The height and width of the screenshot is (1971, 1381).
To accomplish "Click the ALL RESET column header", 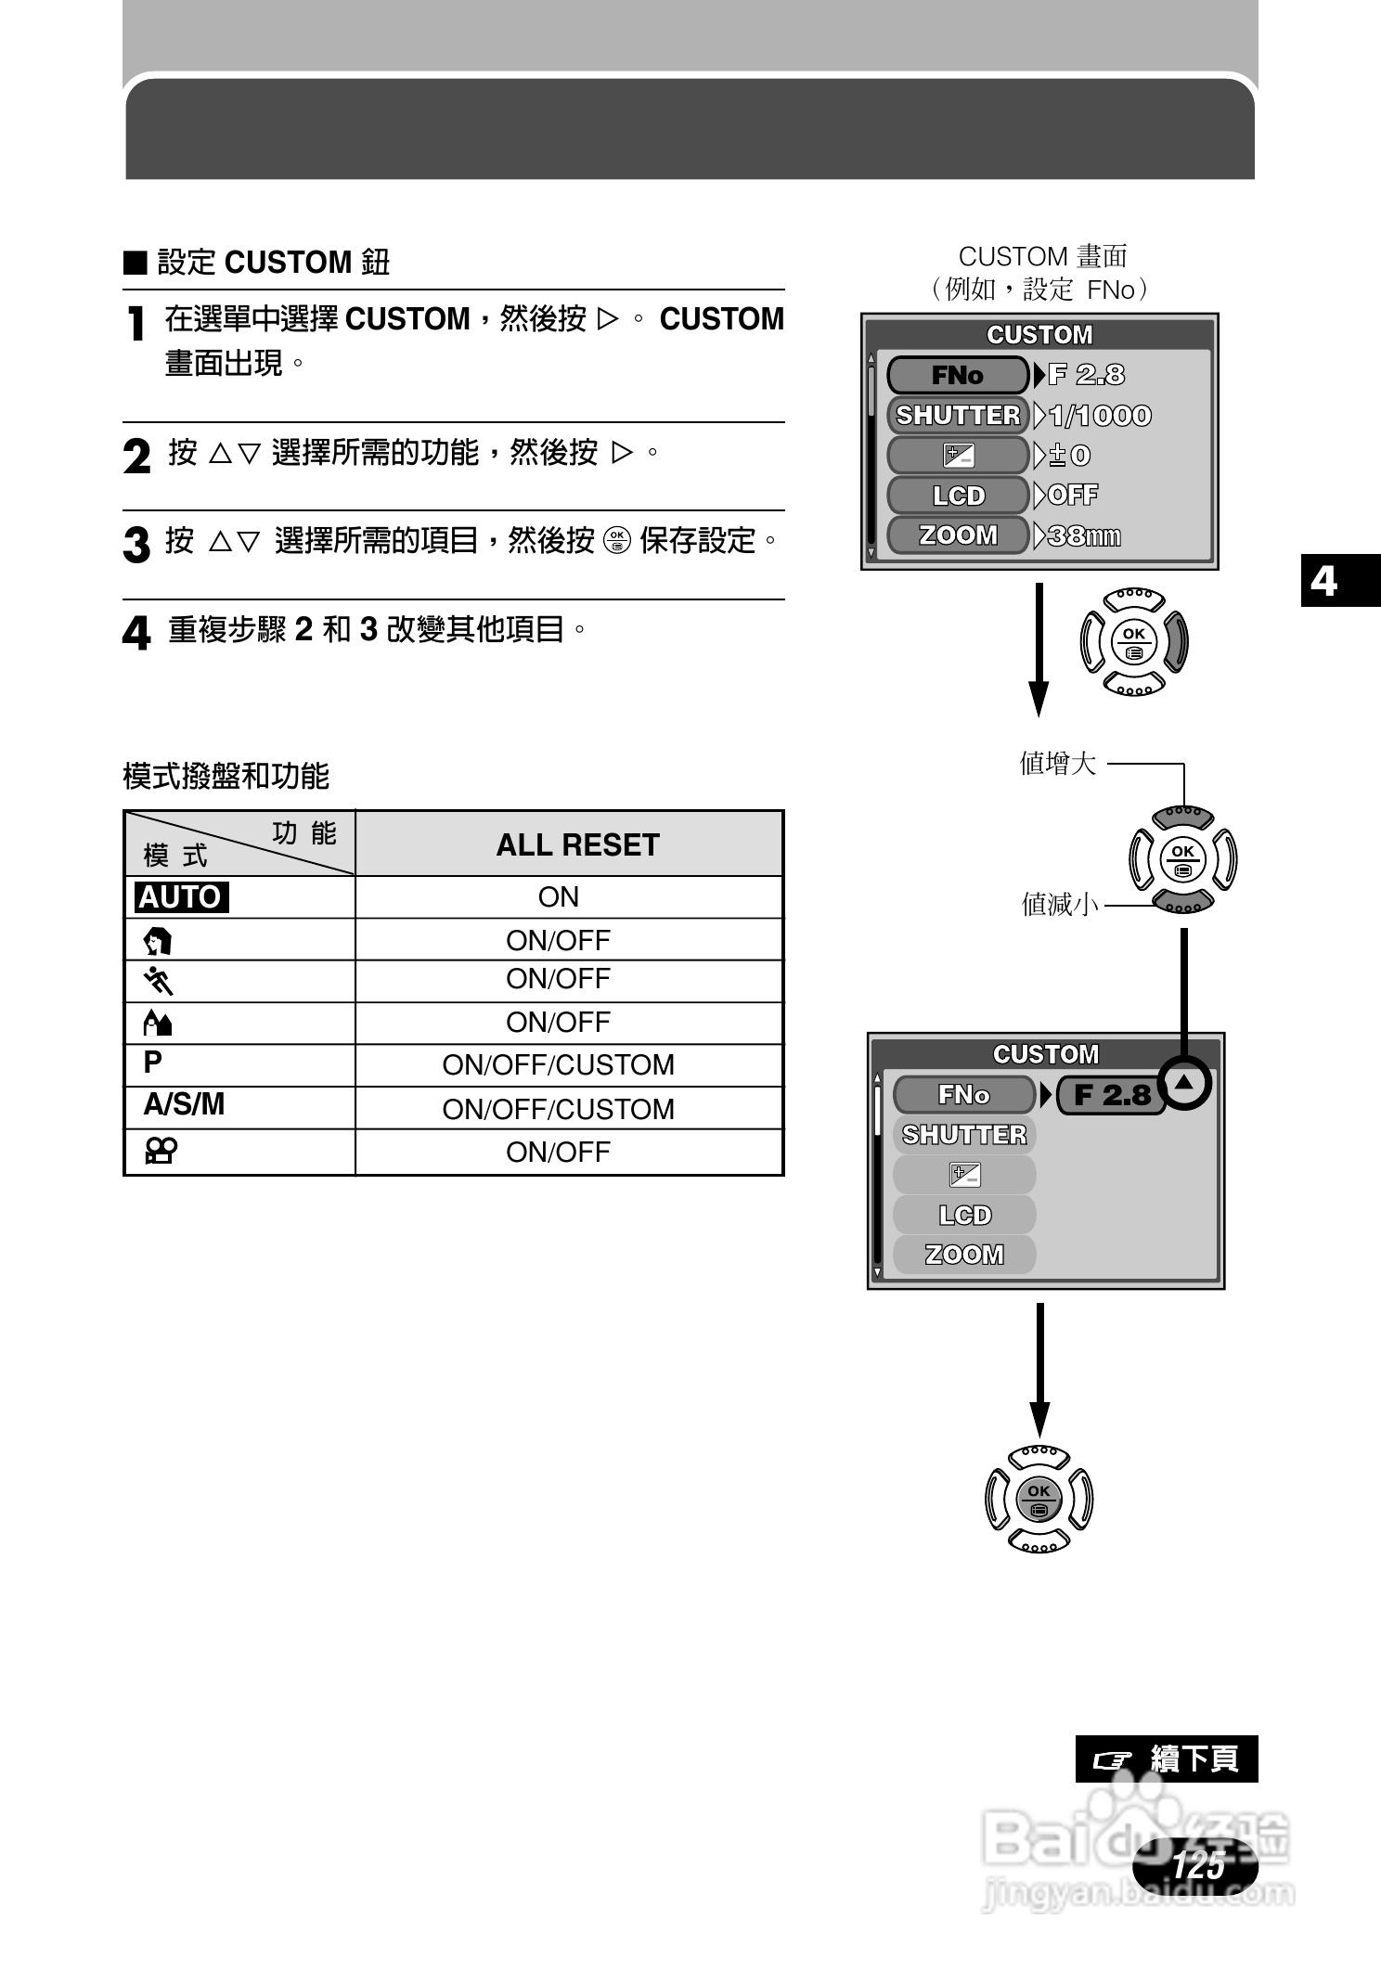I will pos(576,844).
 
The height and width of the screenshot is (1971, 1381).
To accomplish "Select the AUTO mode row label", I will pos(181,897).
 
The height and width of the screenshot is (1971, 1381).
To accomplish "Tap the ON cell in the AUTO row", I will pos(558,897).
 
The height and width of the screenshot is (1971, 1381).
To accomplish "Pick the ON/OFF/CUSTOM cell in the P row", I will pos(558,1064).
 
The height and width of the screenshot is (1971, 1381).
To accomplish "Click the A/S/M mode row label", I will pos(184,1104).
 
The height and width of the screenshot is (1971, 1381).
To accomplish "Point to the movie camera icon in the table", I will pos(160,1152).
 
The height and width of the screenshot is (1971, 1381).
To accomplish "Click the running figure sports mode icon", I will pos(159,980).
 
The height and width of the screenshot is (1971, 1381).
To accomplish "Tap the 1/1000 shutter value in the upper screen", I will pos(1100,416).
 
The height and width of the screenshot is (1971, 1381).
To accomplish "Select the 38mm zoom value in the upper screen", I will pos(1083,536).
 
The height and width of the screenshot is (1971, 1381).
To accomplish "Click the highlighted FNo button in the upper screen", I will pos(958,376).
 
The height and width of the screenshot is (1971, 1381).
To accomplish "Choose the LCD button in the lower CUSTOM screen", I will pos(964,1215).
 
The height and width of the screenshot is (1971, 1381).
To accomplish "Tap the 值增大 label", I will pos(1058,764).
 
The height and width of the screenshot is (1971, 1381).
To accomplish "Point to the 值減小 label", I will pos(1060,904).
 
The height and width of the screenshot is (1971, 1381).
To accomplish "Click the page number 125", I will pos(1196,1863).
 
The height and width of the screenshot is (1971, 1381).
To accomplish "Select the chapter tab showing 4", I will pos(1324,581).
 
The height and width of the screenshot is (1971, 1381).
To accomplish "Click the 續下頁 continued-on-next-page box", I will pos(1166,1758).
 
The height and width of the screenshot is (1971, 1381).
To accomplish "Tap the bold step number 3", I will pos(136,545).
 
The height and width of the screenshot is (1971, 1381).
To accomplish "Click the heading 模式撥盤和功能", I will pos(226,776).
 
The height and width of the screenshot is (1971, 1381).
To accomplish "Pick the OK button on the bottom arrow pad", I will pos(1039,1499).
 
